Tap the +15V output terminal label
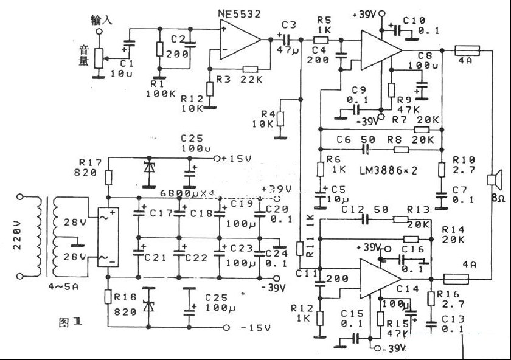click(x=240, y=159)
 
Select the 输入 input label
click(x=102, y=19)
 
